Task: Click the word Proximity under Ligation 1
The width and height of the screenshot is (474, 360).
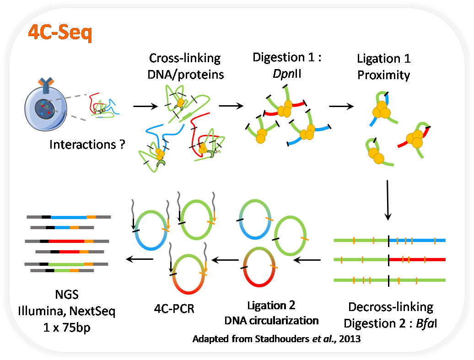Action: pos(384,75)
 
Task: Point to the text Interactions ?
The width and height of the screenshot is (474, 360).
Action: pos(87,145)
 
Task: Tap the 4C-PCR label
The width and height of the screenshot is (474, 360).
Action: pos(174,308)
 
